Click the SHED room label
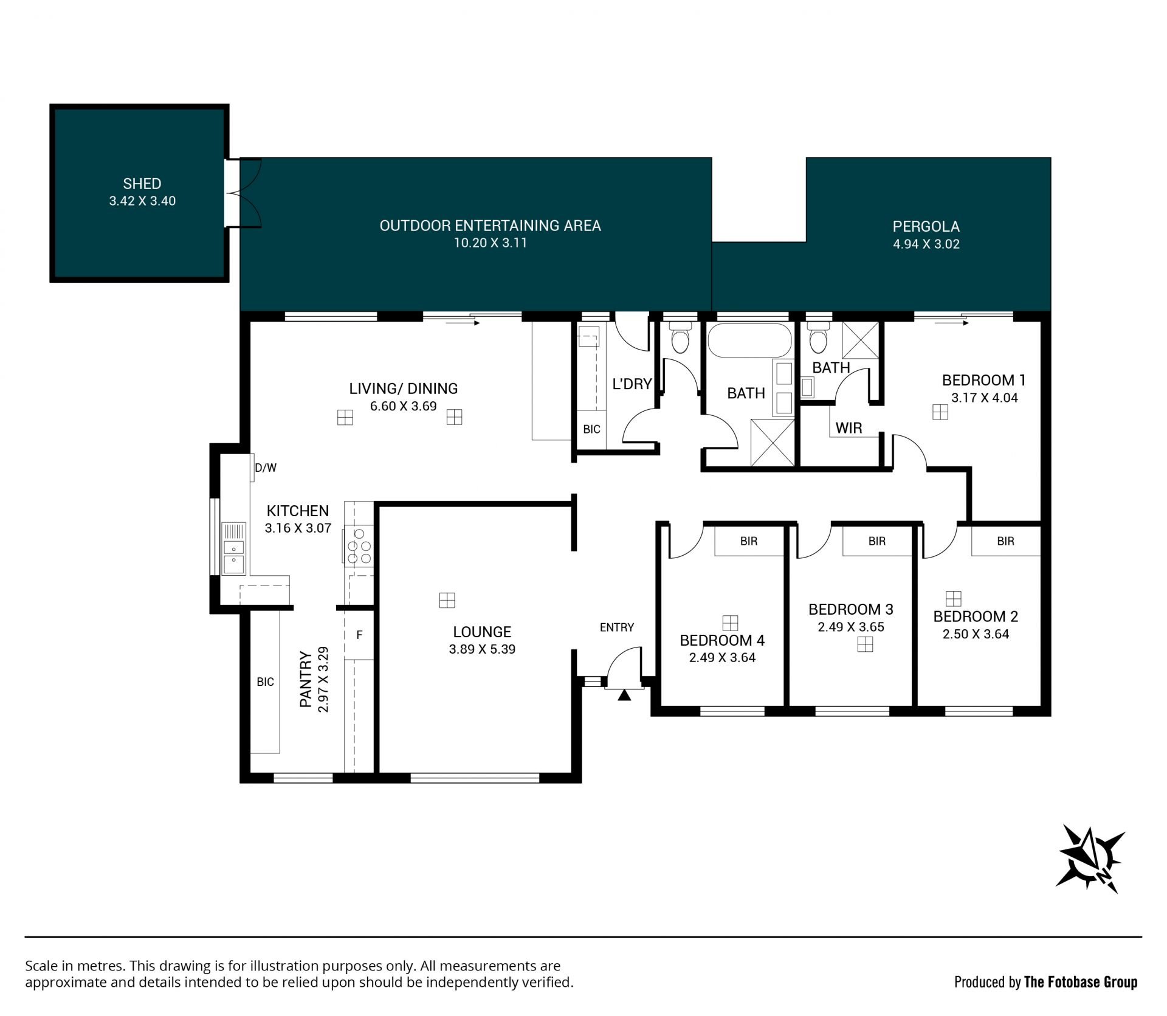pyautogui.click(x=142, y=184)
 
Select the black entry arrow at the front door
pyautogui.click(x=624, y=695)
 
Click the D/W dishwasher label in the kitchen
pyautogui.click(x=266, y=468)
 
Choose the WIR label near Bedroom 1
pyautogui.click(x=849, y=428)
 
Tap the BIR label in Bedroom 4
pyautogui.click(x=749, y=541)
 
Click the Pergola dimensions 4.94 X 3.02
pyautogui.click(x=926, y=244)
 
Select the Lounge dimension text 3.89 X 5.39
pyautogui.click(x=482, y=649)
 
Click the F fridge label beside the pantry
pyautogui.click(x=359, y=635)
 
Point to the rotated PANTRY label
pyautogui.click(x=306, y=679)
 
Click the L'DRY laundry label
pyautogui.click(x=632, y=384)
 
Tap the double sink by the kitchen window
pyautogui.click(x=234, y=548)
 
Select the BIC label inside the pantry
pyautogui.click(x=265, y=682)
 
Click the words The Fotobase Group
pyautogui.click(x=1081, y=981)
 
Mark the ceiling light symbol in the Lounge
pyautogui.click(x=447, y=600)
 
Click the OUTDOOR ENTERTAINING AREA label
pyautogui.click(x=491, y=226)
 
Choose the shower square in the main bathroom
pyautogui.click(x=773, y=443)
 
